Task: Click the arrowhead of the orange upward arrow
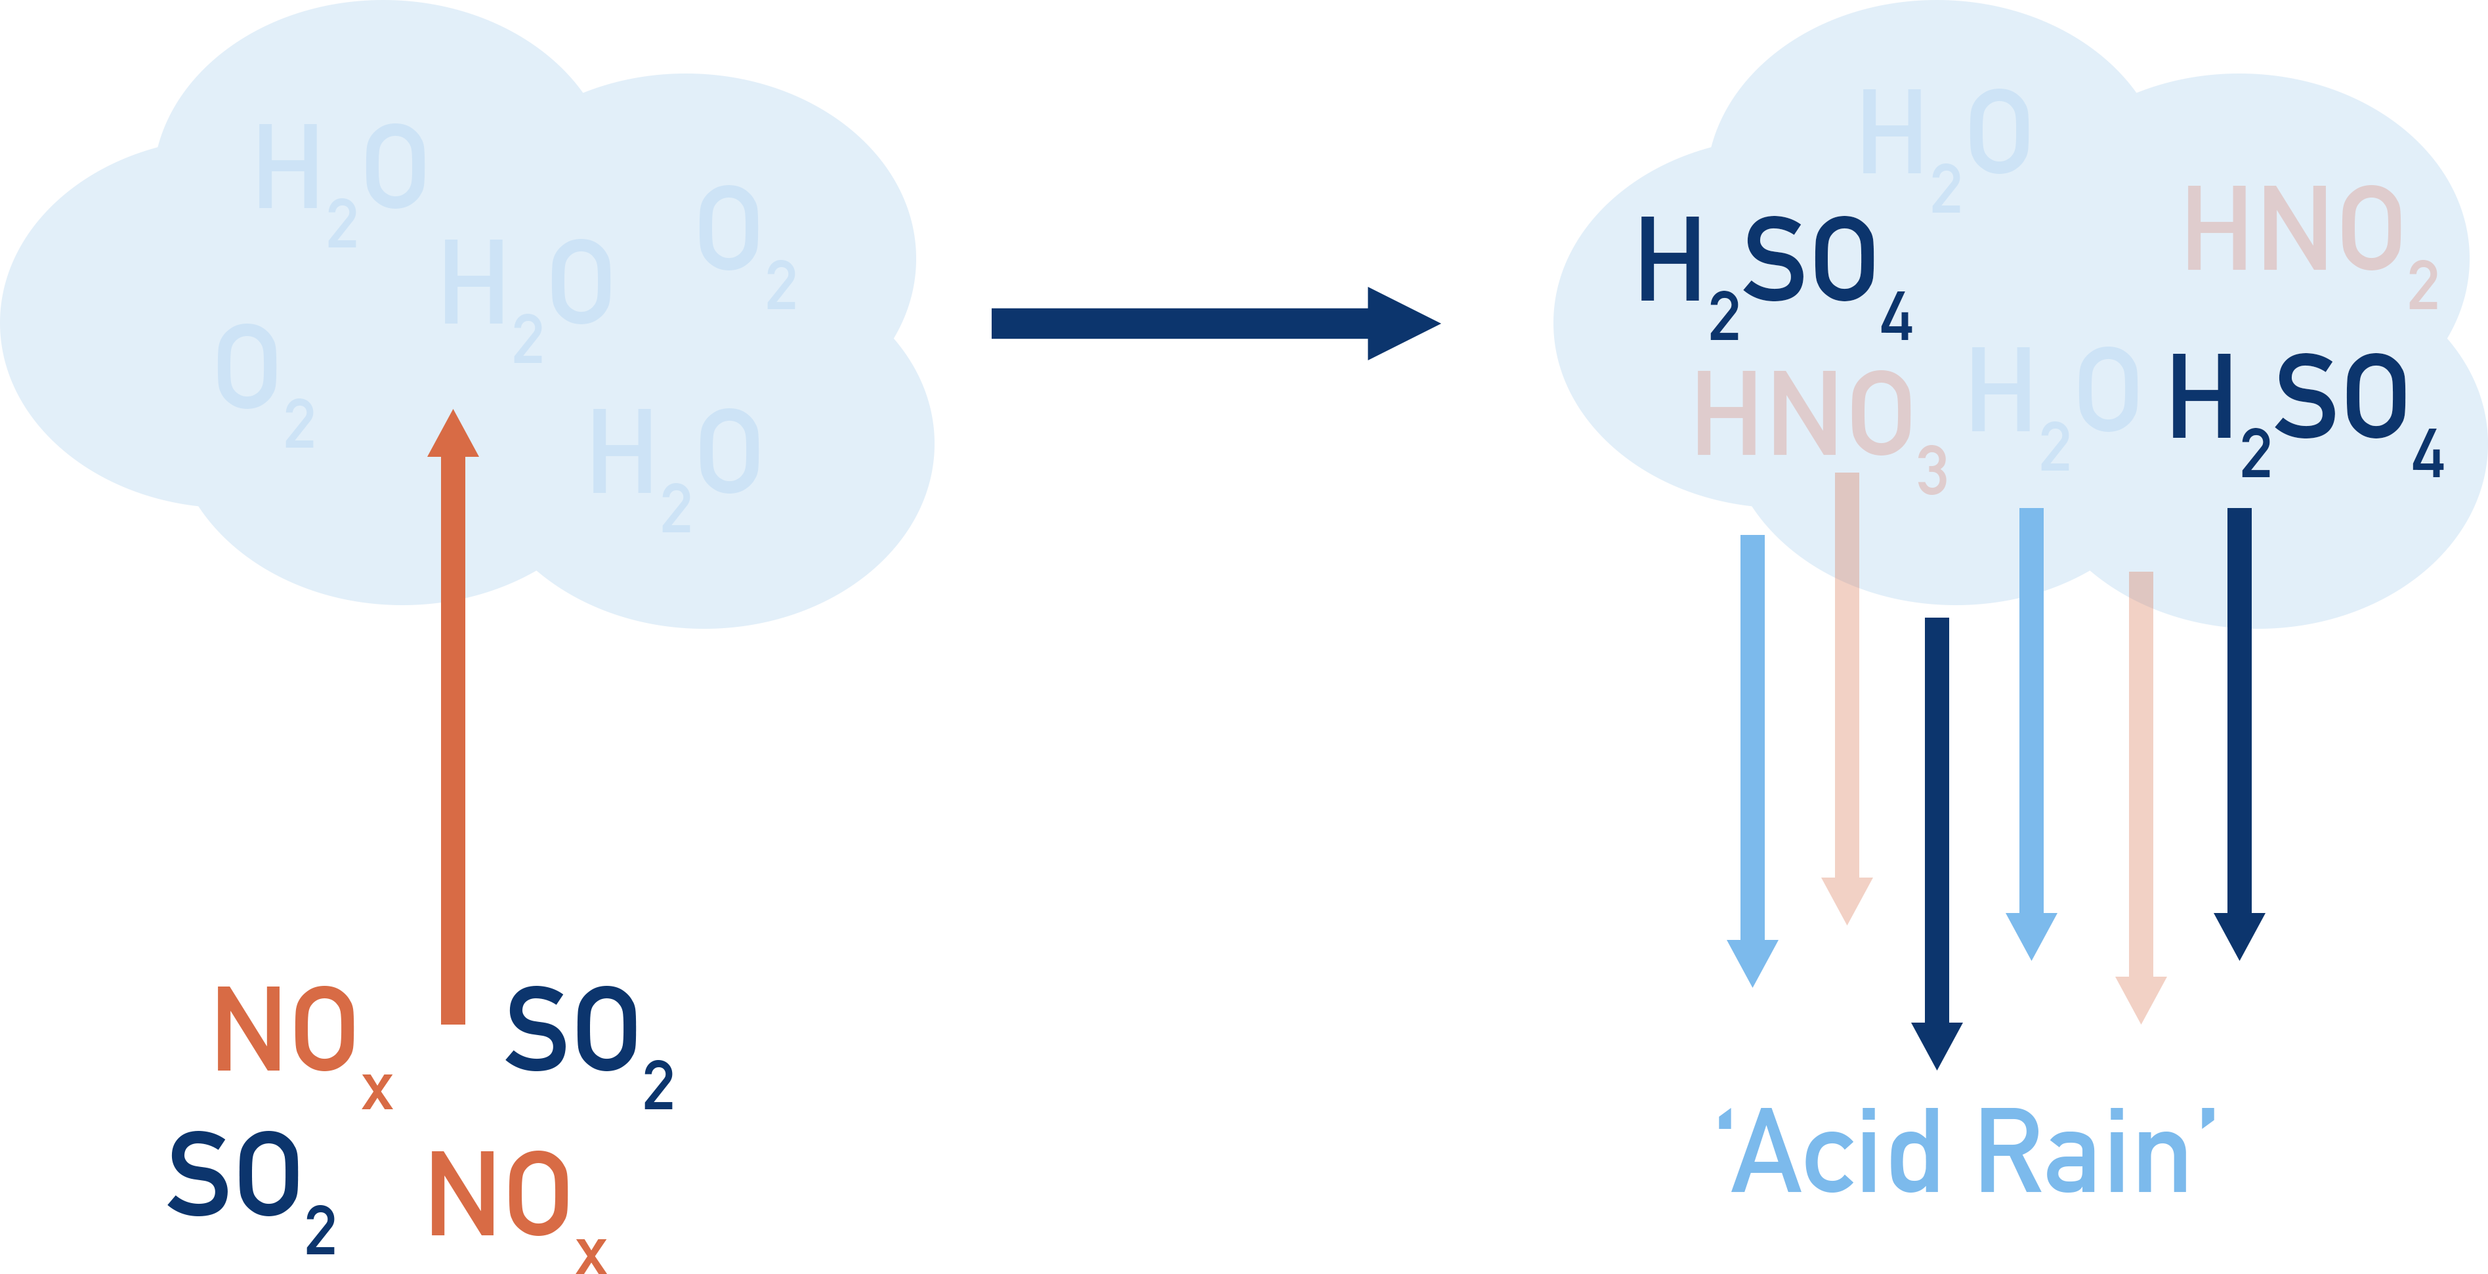click(x=453, y=435)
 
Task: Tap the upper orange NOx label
click(x=295, y=1034)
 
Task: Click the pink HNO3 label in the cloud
click(x=1816, y=420)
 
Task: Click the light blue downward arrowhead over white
click(x=1752, y=961)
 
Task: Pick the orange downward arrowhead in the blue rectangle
click(x=2141, y=999)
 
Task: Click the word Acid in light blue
click(x=1835, y=1155)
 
